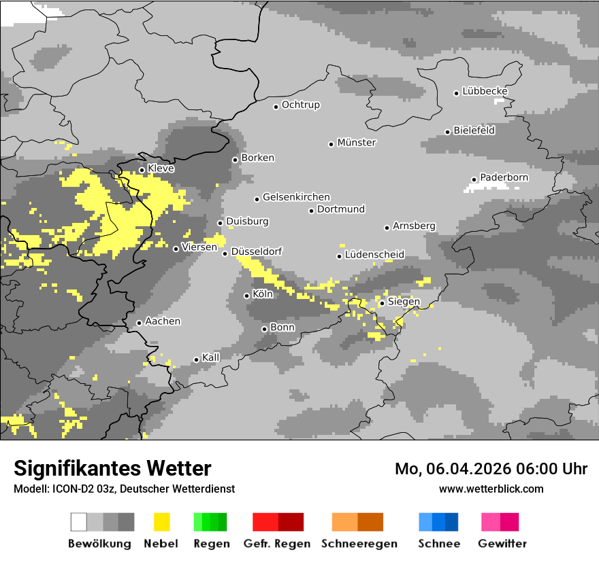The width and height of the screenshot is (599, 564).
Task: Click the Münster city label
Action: coord(357,143)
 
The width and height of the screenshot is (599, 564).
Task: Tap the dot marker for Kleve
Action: coord(142,170)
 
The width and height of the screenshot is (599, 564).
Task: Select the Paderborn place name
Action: coord(504,177)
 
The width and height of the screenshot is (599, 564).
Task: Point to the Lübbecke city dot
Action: coord(457,93)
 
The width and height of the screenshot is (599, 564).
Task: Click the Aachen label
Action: coord(163,321)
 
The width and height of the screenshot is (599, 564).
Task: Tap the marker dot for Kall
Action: coord(196,359)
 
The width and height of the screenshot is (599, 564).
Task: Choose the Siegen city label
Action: coord(404,302)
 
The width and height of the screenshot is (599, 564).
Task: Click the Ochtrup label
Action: coord(300,105)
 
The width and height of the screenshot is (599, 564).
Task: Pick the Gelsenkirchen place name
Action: coord(296,197)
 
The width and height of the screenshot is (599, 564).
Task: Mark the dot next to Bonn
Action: coord(264,329)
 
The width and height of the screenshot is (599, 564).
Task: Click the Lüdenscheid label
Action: coord(374,255)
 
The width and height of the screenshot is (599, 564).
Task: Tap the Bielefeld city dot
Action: coord(447,132)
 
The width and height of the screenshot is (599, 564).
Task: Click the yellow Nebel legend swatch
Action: coord(162,522)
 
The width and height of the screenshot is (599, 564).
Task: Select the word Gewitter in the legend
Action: coord(502,544)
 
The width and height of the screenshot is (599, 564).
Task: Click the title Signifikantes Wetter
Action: coord(112,468)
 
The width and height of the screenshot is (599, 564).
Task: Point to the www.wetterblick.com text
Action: coord(491,489)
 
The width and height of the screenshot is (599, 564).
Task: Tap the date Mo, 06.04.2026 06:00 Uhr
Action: coord(491,469)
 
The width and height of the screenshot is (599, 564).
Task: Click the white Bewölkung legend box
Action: coord(79,522)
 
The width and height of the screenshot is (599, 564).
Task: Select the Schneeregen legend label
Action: coord(359,544)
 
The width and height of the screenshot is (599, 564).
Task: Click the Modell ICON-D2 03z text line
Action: coord(124,489)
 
